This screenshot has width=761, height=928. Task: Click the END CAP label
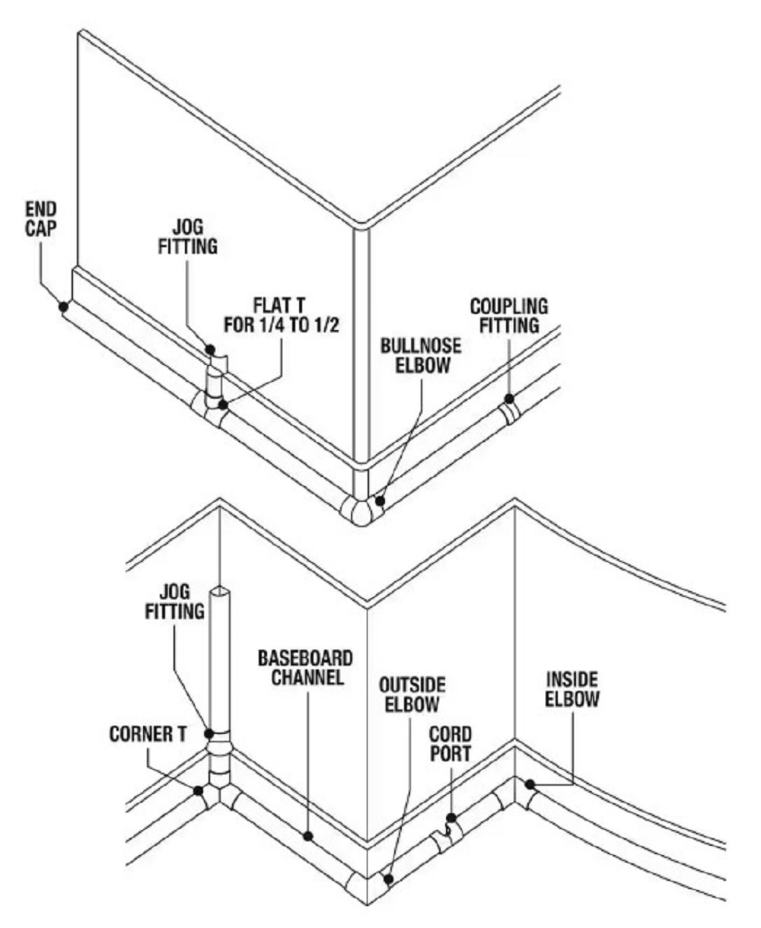click(x=41, y=220)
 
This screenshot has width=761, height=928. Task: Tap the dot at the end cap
click(x=64, y=306)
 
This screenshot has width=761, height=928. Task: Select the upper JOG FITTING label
click(x=188, y=237)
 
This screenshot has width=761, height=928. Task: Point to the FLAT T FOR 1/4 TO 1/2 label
click(x=282, y=316)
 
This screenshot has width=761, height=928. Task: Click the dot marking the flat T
click(x=224, y=405)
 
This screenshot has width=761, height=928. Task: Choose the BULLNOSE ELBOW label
click(x=421, y=356)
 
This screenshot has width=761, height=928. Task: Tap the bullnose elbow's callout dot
click(x=380, y=501)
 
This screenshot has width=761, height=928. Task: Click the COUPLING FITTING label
click(x=509, y=316)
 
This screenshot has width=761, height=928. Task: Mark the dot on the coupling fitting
click(x=509, y=399)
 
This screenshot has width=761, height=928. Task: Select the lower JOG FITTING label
click(x=175, y=602)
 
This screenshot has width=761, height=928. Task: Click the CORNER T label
click(x=148, y=734)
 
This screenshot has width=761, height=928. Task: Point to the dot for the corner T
click(x=199, y=791)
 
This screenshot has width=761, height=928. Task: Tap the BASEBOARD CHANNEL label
click(x=305, y=668)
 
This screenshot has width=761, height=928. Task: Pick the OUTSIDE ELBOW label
click(x=412, y=694)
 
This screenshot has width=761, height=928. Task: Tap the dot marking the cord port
click(x=451, y=818)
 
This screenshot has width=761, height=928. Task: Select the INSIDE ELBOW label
click(x=572, y=689)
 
